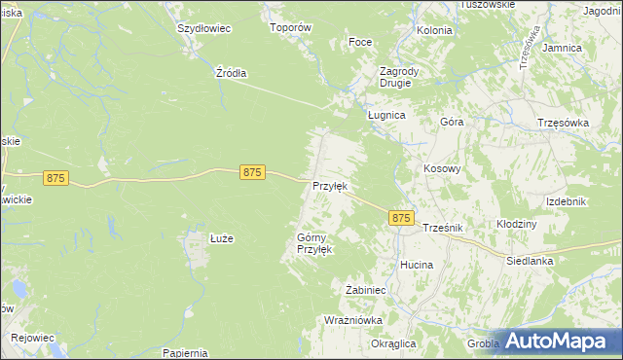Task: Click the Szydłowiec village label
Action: point(203,28)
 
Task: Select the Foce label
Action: point(361,43)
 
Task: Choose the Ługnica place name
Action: point(385,114)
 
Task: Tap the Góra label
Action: point(452,123)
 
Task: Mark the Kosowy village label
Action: point(442,168)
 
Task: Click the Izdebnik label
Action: point(566,200)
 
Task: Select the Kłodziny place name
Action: point(517,224)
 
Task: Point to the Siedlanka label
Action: point(530,261)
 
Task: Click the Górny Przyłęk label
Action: point(314,243)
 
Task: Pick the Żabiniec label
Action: point(367,289)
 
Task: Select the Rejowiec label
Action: point(32,338)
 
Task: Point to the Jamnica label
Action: point(563,47)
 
